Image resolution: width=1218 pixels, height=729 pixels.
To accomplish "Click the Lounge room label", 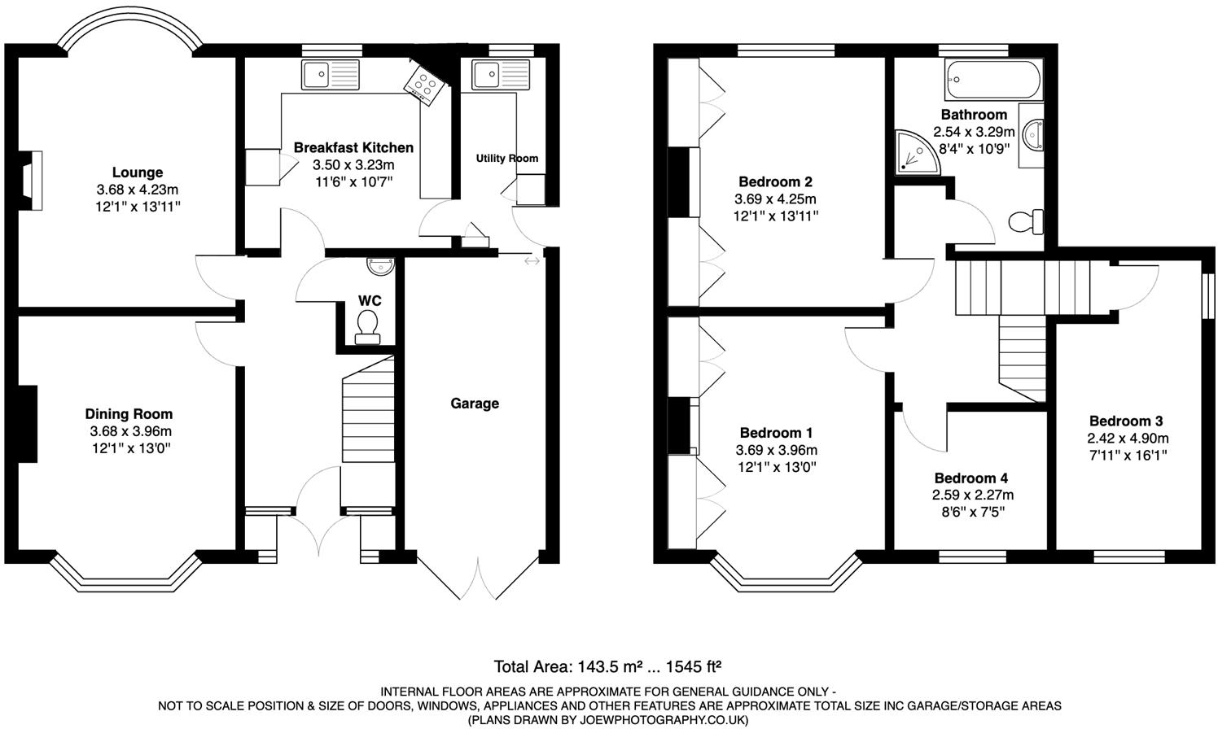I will tap(138, 172).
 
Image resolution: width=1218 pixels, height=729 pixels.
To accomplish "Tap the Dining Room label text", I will tap(129, 414).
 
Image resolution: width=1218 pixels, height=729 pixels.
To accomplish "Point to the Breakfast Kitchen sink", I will tap(330, 75).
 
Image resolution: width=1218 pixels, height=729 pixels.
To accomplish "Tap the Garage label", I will tap(475, 404).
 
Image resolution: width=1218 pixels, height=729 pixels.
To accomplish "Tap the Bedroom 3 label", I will tap(1126, 421).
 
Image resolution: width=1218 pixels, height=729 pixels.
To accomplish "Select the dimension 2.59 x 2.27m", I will tap(973, 495).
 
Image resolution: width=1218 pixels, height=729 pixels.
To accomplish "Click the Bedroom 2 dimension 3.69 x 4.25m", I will tap(775, 199).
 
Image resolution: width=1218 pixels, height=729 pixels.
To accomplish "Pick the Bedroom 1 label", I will tap(776, 433).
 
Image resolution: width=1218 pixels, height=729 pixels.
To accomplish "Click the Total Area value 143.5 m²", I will tap(611, 668).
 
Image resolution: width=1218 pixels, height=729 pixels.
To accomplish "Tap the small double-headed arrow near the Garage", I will tap(532, 261).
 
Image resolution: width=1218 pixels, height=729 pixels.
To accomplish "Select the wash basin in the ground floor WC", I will tap(380, 264).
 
